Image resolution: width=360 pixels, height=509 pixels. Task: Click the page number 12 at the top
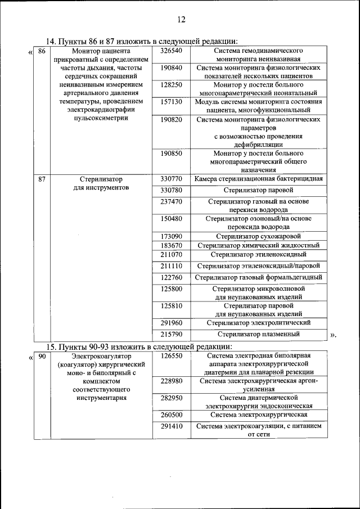click(181, 20)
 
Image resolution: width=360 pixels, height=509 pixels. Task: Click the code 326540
click(171, 51)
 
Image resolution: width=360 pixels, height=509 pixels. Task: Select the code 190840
click(171, 68)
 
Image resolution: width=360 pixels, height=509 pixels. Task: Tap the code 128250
click(171, 84)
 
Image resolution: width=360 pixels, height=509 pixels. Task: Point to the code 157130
click(171, 102)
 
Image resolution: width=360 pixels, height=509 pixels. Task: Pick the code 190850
click(171, 153)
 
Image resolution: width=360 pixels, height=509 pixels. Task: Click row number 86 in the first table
click(41, 51)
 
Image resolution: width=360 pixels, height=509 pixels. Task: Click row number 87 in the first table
click(41, 179)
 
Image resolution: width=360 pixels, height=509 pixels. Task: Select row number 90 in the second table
click(41, 356)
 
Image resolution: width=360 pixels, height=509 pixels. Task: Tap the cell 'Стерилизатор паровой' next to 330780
click(258, 190)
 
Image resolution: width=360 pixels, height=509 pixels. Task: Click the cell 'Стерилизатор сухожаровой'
click(258, 236)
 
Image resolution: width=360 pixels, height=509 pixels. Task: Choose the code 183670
click(171, 246)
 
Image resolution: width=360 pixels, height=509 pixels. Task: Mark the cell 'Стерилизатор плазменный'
click(258, 334)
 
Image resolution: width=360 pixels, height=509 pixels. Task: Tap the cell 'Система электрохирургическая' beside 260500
click(258, 415)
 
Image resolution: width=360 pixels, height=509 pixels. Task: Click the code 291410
click(171, 426)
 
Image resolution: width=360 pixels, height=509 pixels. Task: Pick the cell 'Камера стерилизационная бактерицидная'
click(258, 179)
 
